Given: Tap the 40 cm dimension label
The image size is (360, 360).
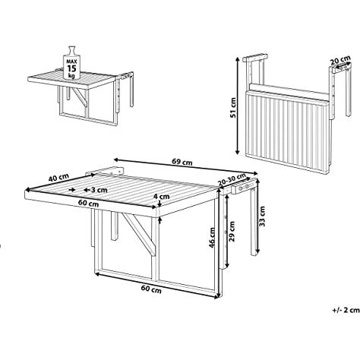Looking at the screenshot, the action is pos(58,177).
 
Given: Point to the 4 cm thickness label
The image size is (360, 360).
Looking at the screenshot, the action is pos(162,196).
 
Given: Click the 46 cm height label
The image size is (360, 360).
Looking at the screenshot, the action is pos(212,238).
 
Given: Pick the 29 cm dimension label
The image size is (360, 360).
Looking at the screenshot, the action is pos(232,231).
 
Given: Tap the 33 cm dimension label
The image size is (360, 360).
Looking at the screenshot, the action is pos(262,216).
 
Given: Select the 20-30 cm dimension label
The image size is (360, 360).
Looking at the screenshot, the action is pos(232,180).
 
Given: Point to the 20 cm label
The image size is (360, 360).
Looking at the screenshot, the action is pos(340,60).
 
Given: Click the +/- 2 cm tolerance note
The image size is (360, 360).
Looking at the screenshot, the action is pos(346,310).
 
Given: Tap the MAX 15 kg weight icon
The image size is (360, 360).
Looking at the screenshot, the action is pos(71,63).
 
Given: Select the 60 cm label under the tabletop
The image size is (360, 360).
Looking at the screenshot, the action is pos(88,203).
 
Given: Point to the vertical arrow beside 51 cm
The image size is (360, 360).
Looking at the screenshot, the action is pos(237,106).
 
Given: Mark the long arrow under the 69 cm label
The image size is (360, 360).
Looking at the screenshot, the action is pos(186,166).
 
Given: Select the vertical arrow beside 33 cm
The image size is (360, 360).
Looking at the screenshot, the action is pos(257,216).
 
